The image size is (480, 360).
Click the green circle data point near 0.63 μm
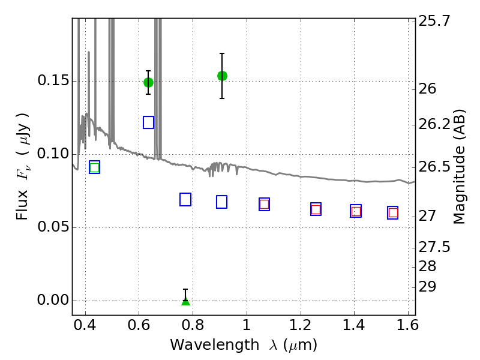(148, 82)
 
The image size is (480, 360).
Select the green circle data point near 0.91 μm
(222, 76)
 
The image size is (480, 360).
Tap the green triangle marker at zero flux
(185, 301)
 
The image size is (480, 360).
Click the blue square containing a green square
(95, 167)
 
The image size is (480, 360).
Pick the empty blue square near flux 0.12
(148, 122)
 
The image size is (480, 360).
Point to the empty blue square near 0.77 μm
(185, 200)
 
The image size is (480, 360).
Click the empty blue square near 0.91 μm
(221, 202)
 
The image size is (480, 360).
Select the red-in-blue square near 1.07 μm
(264, 205)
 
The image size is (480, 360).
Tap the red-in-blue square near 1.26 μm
(316, 209)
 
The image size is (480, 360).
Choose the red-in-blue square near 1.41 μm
(356, 211)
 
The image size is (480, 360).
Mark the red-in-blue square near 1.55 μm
(393, 213)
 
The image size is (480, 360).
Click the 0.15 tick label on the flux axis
(53, 81)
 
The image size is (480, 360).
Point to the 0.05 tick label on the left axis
(53, 227)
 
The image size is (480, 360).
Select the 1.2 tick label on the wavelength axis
(301, 325)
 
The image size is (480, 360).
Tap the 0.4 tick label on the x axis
(85, 325)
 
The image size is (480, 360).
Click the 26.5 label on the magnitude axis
(434, 167)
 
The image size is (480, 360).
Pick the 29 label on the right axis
(427, 287)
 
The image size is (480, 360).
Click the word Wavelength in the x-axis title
(215, 346)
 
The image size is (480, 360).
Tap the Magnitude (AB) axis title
(458, 167)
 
